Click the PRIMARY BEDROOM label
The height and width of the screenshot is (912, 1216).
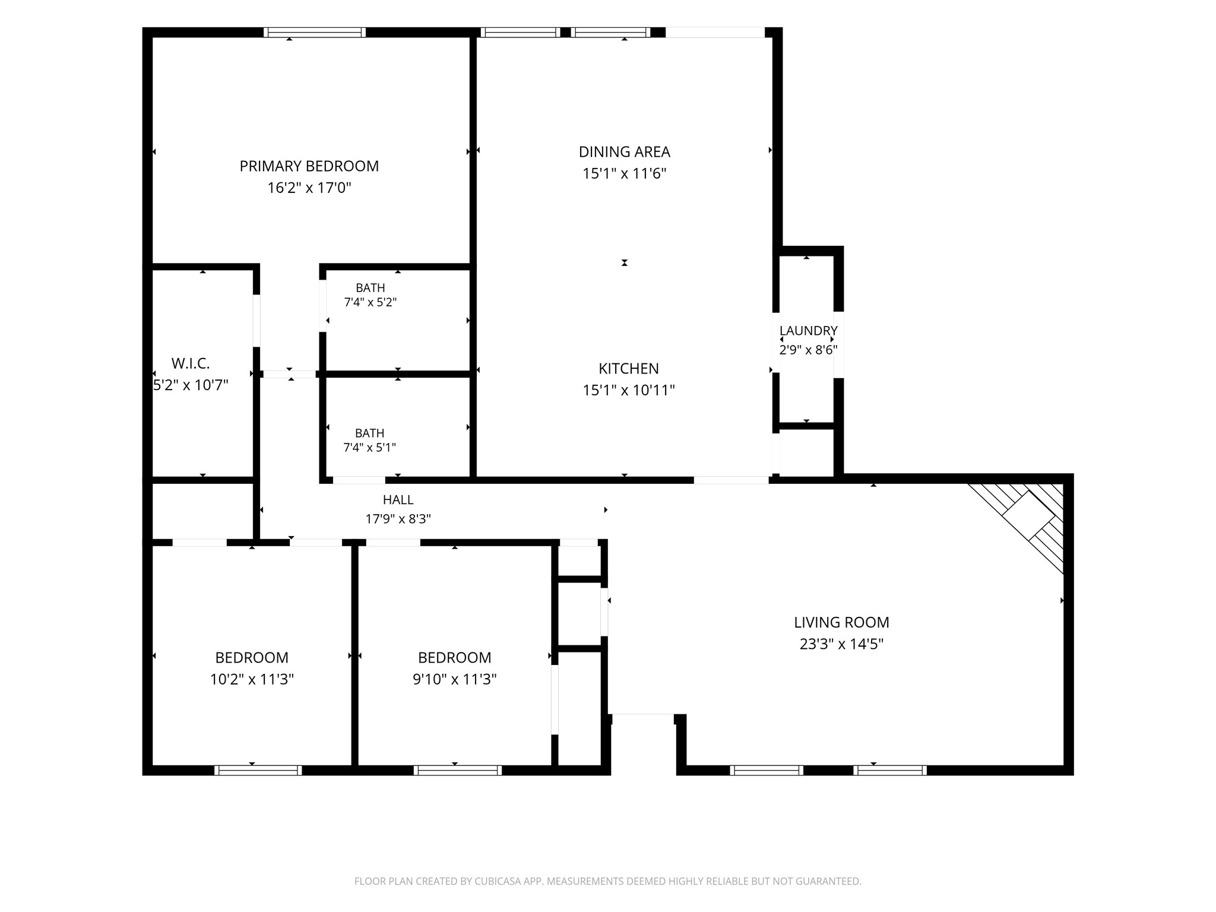click(309, 166)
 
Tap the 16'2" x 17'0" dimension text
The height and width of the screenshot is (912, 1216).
click(309, 188)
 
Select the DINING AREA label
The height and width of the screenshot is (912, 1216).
click(625, 152)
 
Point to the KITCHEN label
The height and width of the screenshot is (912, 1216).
click(629, 369)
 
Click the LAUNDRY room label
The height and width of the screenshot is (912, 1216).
click(808, 331)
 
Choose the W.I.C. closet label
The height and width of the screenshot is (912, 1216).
click(191, 363)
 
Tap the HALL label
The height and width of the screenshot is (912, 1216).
click(398, 500)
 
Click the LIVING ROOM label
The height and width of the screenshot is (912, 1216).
click(841, 622)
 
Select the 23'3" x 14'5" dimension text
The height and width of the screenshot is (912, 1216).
click(841, 644)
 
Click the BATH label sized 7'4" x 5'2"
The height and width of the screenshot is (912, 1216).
click(370, 288)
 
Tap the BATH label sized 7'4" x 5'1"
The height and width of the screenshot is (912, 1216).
click(370, 433)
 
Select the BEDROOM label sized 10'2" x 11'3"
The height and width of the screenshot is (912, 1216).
click(252, 658)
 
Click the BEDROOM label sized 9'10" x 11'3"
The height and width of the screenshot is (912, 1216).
click(455, 658)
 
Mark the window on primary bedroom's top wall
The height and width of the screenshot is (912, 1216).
click(315, 32)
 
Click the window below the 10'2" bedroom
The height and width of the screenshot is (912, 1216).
click(258, 770)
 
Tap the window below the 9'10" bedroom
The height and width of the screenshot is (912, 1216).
click(458, 770)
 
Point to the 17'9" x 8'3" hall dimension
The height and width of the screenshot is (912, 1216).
click(398, 519)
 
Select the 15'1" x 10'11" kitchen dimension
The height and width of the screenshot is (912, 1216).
click(629, 391)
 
